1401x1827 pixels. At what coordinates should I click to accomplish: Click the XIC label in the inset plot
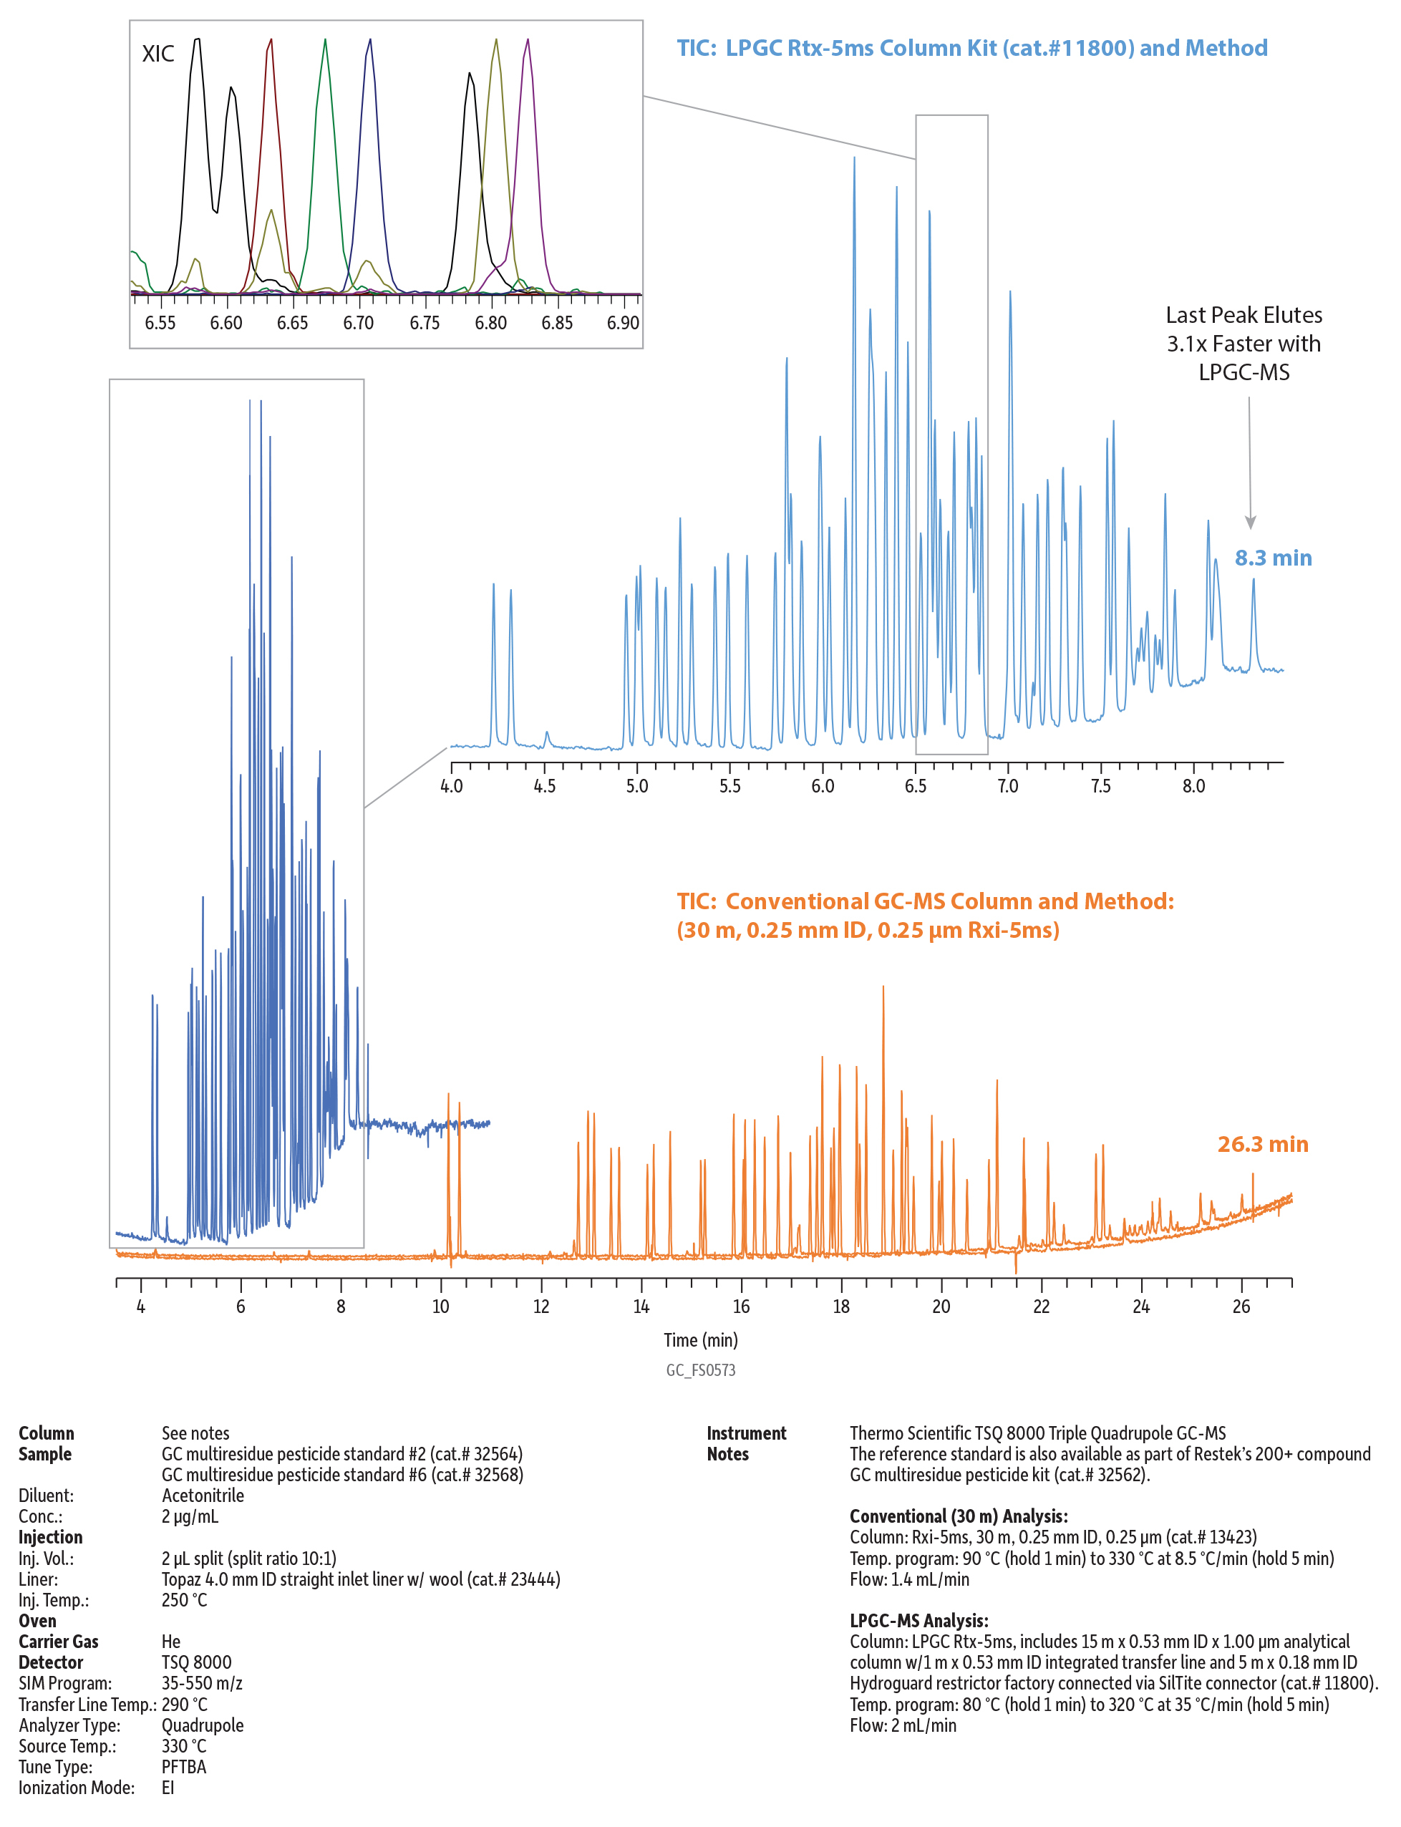(x=157, y=54)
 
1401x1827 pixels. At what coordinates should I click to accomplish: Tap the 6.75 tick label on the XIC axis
(x=425, y=323)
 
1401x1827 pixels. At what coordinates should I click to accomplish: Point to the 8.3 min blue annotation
(x=1273, y=558)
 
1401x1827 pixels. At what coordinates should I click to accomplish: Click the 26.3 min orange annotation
(x=1263, y=1144)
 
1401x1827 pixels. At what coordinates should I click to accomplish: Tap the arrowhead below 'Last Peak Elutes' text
(x=1250, y=522)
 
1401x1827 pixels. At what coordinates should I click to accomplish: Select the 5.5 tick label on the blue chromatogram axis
(x=729, y=785)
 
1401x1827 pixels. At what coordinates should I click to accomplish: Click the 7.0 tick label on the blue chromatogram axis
(x=1007, y=785)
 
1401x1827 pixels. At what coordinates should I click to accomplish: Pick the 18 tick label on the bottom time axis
(x=840, y=1307)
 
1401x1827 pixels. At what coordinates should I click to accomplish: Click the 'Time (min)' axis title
(x=700, y=1340)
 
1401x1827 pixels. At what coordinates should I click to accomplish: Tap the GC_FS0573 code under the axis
(x=700, y=1370)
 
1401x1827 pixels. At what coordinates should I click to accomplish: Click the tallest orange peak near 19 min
(x=883, y=989)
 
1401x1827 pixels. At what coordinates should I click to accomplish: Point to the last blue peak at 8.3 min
(x=1253, y=582)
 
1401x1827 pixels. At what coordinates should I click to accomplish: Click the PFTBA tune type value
(x=183, y=1766)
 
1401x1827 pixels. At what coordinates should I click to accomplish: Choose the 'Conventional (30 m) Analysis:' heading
(x=958, y=1516)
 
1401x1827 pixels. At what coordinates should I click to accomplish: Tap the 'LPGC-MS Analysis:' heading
(x=919, y=1620)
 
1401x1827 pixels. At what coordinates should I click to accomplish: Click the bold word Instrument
(x=747, y=1433)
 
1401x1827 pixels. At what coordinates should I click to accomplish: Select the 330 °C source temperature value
(x=183, y=1745)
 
